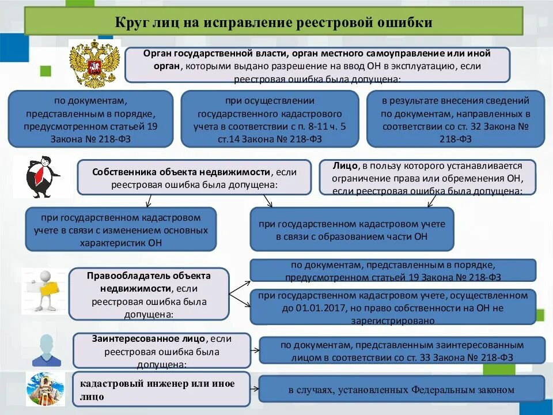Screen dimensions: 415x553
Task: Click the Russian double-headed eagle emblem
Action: coord(94,63)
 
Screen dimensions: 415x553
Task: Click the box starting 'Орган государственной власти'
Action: coord(317,65)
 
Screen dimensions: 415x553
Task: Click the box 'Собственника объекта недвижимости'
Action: coord(194,178)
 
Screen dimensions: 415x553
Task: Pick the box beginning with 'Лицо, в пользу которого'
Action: coord(427,178)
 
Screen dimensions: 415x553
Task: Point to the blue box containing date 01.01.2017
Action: coord(393,307)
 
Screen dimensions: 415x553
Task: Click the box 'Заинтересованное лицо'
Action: coord(161,350)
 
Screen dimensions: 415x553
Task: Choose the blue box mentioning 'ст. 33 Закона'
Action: coord(402,350)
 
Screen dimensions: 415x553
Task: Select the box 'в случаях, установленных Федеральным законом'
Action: coord(402,389)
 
